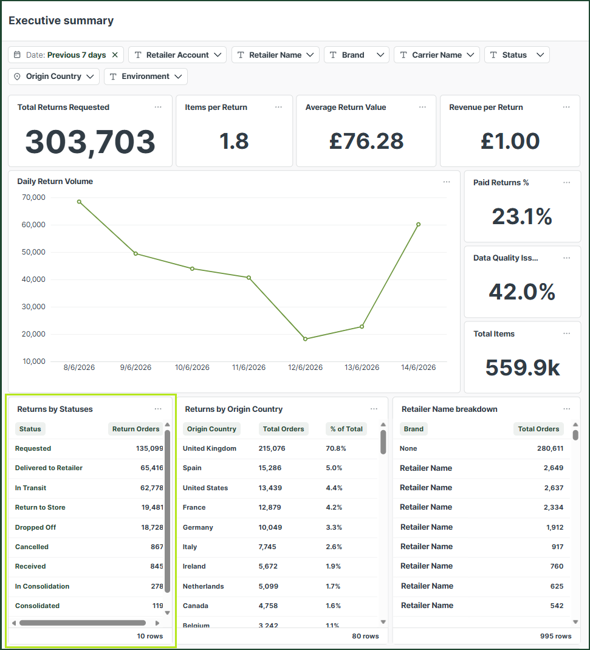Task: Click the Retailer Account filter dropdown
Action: tap(177, 55)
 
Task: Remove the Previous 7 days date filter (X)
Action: tap(115, 55)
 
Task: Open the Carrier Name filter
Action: tap(437, 55)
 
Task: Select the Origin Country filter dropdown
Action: tap(53, 77)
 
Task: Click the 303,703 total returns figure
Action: tap(90, 142)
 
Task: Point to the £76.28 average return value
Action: tap(366, 141)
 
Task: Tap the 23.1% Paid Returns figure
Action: tap(522, 216)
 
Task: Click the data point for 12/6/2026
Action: tap(306, 339)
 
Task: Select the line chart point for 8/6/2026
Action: tap(79, 202)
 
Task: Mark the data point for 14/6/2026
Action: tap(419, 224)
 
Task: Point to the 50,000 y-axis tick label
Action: tap(33, 252)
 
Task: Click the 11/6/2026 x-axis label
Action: tap(249, 368)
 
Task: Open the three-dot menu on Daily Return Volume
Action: tap(447, 182)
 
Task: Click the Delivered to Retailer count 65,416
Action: tap(152, 468)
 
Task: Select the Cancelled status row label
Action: tap(32, 547)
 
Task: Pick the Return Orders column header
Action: tap(135, 429)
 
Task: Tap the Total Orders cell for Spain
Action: tap(270, 468)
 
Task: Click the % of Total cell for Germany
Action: tap(334, 527)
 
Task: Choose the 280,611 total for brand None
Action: tap(550, 448)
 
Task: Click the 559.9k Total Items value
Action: tap(523, 368)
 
